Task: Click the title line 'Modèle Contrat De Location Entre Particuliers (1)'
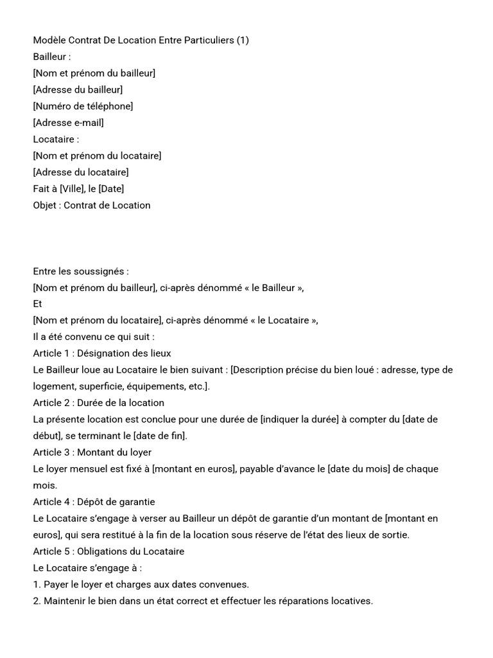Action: tap(141, 40)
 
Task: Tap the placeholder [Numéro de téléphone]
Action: tap(83, 106)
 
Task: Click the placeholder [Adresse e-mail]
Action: tap(68, 123)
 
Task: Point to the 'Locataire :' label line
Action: tap(56, 139)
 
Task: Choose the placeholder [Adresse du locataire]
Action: tap(81, 172)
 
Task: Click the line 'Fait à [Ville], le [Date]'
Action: tap(78, 189)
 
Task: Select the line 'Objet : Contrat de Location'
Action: tap(92, 206)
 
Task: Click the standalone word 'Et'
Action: tap(38, 304)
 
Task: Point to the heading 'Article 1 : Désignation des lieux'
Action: tap(102, 353)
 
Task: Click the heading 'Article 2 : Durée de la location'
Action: tap(98, 403)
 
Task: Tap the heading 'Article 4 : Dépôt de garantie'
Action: tap(94, 502)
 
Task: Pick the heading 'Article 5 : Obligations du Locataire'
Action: tap(108, 551)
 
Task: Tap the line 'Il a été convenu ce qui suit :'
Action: tap(94, 337)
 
